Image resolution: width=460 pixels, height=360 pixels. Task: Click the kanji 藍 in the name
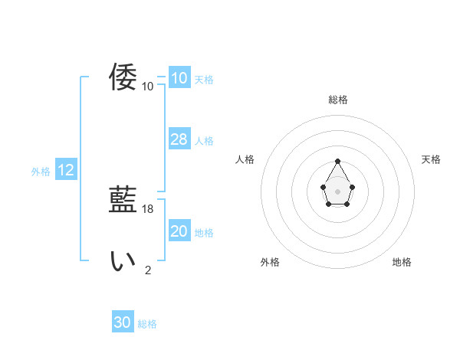point(123,200)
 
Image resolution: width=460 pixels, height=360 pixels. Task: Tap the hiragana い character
point(123,261)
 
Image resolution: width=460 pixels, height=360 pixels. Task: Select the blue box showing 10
point(179,78)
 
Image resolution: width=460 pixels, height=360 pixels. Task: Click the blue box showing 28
point(179,139)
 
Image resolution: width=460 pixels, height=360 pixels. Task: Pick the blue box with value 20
point(179,231)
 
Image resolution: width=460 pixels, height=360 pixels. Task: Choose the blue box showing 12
point(66,170)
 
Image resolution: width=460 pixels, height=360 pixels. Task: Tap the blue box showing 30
point(123,322)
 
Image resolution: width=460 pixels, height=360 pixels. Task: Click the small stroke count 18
point(148,208)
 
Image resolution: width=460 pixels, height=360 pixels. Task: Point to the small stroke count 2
point(148,270)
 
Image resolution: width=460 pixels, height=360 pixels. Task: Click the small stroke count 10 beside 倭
point(148,86)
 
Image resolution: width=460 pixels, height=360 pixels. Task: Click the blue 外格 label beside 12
point(41,172)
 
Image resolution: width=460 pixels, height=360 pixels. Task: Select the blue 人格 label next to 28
point(204,141)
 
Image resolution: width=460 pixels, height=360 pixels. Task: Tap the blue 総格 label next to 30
point(147,324)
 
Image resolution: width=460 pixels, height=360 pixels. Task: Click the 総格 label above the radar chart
point(338,100)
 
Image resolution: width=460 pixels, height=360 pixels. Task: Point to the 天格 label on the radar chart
point(432,159)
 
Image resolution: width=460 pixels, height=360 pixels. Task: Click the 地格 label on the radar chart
point(402,262)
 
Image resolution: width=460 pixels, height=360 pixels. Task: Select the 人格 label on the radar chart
point(245,159)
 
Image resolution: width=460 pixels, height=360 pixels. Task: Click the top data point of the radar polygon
point(338,161)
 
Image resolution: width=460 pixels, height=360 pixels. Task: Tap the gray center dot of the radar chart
point(338,191)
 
